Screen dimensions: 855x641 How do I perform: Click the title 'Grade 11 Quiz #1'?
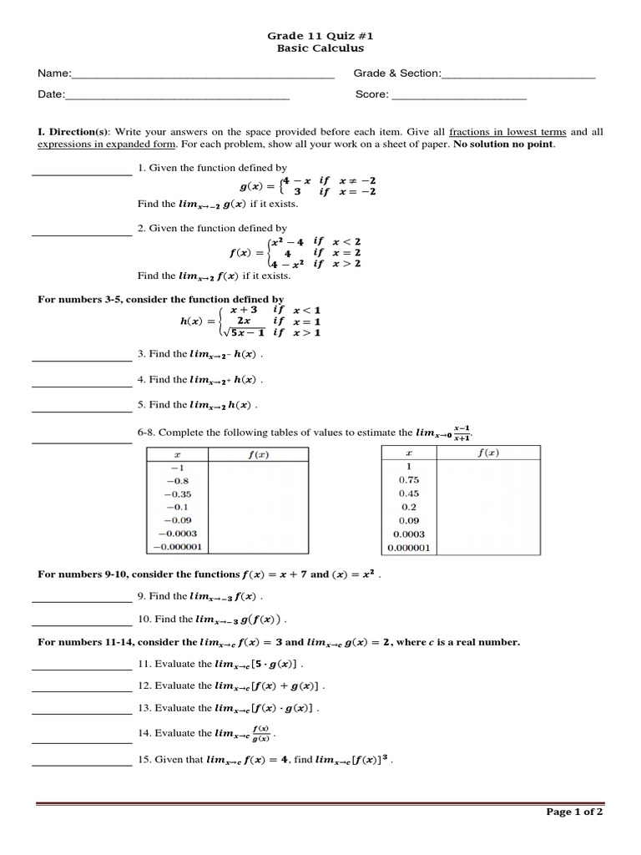point(320,37)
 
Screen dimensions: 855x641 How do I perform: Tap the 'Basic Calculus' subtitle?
point(320,48)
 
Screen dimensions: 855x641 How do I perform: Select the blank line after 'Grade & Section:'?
point(518,76)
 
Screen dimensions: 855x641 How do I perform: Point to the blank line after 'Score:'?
point(459,98)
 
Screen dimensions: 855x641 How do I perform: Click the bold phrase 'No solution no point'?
point(503,144)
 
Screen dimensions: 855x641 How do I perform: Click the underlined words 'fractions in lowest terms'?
point(507,132)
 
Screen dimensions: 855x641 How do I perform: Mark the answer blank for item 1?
point(82,174)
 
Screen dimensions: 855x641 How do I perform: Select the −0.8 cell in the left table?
point(177,481)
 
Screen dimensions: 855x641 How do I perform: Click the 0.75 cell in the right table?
point(409,480)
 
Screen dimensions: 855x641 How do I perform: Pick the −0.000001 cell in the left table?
point(177,547)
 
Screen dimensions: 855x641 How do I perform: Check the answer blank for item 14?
point(82,741)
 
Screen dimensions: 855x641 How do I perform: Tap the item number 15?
point(144,761)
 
